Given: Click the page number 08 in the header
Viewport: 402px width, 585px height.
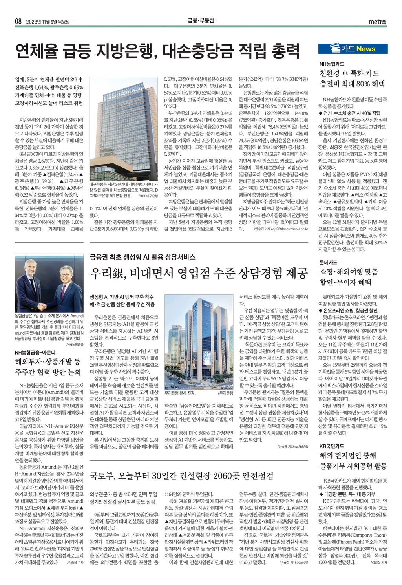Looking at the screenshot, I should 18,22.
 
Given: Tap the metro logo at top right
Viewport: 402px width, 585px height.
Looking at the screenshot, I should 377,22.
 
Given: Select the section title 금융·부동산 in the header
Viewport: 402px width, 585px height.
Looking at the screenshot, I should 201,21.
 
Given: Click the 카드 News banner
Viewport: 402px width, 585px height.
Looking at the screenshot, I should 353,49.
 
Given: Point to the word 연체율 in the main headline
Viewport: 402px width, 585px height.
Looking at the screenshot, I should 36,50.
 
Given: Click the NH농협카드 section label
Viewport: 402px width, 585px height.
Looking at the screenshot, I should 332,63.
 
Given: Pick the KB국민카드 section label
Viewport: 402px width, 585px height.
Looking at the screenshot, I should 332,446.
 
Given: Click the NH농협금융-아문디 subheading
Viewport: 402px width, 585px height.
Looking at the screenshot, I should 35,353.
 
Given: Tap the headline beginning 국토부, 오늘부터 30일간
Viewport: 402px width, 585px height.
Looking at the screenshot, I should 182,476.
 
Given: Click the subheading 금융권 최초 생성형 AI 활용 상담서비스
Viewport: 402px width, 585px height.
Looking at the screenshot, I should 143,257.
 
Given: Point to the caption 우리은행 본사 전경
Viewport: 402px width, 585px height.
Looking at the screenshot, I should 180,393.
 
